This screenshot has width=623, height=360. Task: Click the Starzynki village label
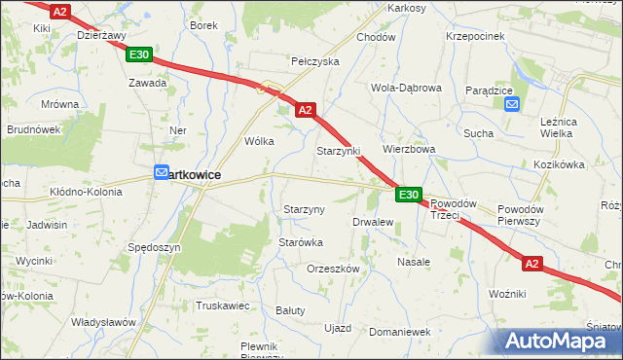click(339, 153)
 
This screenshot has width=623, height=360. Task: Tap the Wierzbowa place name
click(409, 150)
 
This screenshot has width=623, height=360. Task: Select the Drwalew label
click(373, 222)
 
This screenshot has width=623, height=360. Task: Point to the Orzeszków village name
click(333, 269)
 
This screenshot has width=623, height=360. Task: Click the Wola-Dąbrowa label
click(406, 88)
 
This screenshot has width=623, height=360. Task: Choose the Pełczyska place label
click(314, 61)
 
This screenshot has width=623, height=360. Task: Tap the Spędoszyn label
click(155, 248)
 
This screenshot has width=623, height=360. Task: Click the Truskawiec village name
click(223, 306)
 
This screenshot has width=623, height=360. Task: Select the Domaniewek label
click(400, 332)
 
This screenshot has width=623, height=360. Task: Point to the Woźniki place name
click(507, 294)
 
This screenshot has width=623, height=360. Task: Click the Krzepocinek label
click(475, 36)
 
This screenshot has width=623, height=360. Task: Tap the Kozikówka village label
click(558, 165)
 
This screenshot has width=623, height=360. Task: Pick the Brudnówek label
click(34, 128)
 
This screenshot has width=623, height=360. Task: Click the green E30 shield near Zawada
click(138, 55)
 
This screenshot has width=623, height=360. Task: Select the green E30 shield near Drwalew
click(409, 196)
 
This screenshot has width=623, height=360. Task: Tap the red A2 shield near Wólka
click(305, 111)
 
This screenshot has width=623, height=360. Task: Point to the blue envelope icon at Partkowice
click(162, 173)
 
